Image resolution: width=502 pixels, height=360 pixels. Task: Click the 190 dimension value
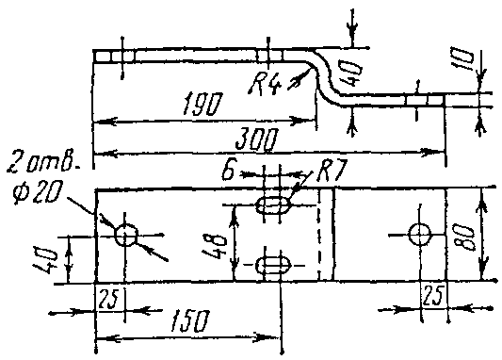tap(202, 104)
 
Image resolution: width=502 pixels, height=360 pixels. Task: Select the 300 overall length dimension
tap(256, 139)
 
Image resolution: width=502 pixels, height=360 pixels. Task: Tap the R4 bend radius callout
tap(265, 84)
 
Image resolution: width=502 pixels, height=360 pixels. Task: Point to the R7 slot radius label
tap(332, 170)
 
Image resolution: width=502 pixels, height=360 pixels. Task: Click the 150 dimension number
tap(190, 320)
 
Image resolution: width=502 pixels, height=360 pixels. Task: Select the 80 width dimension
tap(464, 236)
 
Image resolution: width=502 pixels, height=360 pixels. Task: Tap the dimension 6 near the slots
tap(229, 173)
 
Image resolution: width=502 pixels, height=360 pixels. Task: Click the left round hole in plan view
tap(126, 235)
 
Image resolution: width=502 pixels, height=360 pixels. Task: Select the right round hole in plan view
tap(419, 235)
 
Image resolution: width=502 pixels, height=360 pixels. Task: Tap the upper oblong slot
tap(273, 205)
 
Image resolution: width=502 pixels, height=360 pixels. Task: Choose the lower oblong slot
tap(273, 265)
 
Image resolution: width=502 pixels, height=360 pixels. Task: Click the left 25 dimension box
tap(109, 299)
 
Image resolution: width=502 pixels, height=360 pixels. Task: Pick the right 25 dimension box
tap(433, 296)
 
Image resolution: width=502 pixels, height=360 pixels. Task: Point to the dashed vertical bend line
tap(318, 235)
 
